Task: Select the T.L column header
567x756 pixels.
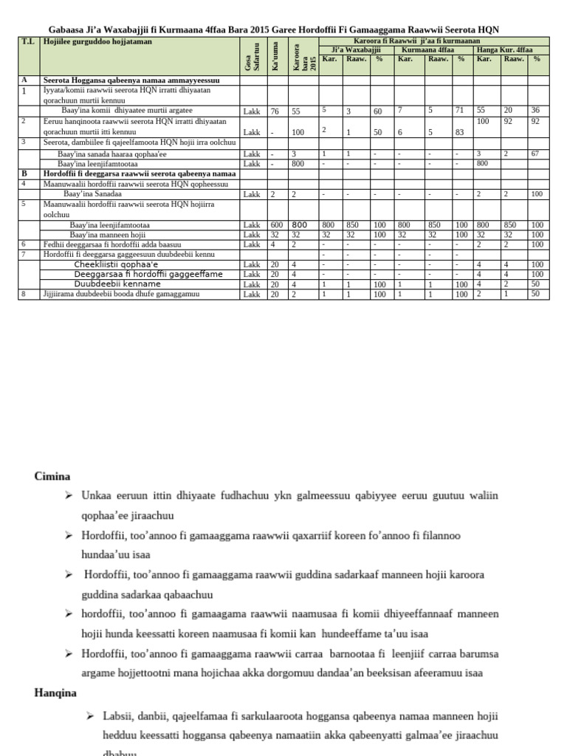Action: click(x=27, y=42)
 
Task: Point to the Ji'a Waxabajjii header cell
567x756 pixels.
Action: click(x=355, y=49)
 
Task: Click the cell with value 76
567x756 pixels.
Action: click(x=274, y=111)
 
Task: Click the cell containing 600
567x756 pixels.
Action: click(x=275, y=225)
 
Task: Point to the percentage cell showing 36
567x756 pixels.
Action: click(x=536, y=110)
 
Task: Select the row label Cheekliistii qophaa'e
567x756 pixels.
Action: click(x=116, y=264)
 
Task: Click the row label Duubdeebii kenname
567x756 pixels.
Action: click(x=117, y=284)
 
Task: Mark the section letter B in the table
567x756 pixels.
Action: click(x=24, y=173)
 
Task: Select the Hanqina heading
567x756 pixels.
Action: click(x=56, y=693)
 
